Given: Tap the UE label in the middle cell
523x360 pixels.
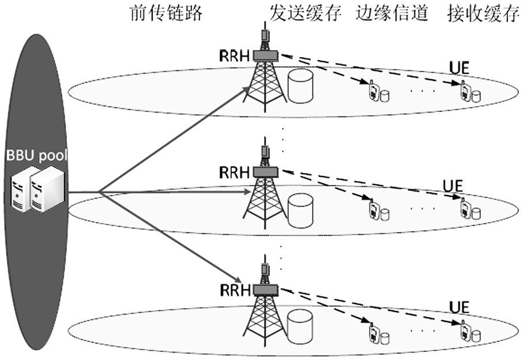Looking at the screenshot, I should click(x=453, y=186).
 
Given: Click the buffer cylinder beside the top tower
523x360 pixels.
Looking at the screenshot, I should click(x=300, y=87).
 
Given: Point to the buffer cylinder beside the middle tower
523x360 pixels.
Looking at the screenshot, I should click(x=300, y=209).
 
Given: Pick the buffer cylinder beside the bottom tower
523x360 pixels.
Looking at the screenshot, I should click(x=300, y=324).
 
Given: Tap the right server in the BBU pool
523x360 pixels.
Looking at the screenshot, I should click(x=46, y=190).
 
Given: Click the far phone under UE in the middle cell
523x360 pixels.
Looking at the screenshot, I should click(x=464, y=208).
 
